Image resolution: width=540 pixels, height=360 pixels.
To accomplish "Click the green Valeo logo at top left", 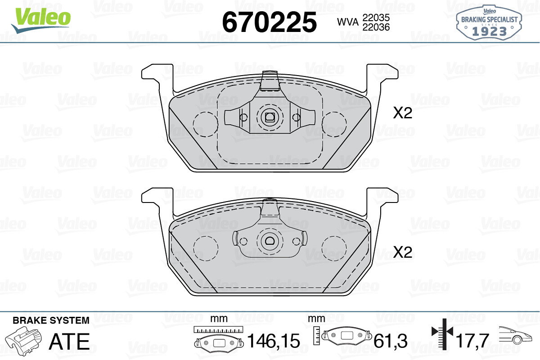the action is tap(41, 20).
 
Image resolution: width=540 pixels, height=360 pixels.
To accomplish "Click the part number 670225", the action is tap(270, 22).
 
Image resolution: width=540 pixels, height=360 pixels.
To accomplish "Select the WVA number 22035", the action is tap(376, 18).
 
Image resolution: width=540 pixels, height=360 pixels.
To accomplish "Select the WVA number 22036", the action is tap(376, 27).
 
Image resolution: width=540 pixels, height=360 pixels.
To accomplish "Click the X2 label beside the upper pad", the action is tap(403, 113).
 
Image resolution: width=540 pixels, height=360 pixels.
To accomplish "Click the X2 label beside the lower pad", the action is tap(403, 252).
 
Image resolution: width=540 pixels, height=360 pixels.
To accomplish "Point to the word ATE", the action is tap(69, 341).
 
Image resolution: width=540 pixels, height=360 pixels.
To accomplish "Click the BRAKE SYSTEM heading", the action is tap(51, 320).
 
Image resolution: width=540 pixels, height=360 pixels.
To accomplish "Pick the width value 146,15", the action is tap(274, 341).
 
